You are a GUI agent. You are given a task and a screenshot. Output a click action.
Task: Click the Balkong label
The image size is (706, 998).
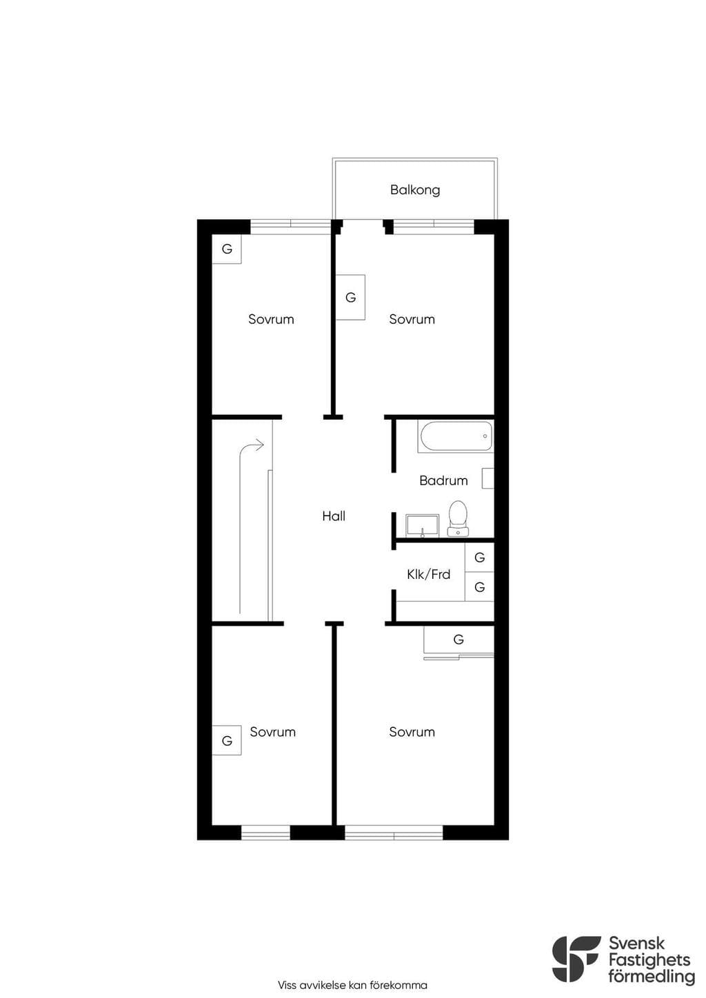pos(415,190)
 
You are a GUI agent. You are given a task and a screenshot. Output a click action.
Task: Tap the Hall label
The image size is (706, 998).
pos(334,516)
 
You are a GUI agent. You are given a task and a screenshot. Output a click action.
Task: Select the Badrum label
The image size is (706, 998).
pos(443,480)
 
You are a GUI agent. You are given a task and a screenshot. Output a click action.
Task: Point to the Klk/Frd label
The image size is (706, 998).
pos(429,574)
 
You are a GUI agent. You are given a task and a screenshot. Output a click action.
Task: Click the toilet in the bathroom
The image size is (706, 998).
pos(458,518)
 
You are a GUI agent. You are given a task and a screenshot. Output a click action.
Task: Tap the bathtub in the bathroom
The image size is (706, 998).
pos(455,436)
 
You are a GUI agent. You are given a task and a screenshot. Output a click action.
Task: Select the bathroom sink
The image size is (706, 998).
pos(422,526)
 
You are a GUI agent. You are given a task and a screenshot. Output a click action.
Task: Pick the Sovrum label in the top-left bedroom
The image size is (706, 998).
pos(271,319)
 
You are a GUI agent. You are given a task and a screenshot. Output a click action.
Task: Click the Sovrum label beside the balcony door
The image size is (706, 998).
pos(412,319)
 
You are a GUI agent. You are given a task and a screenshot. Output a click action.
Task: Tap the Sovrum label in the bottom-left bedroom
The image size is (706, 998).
pos(273,731)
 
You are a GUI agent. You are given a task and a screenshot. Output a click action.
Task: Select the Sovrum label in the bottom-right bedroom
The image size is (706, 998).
pos(412,731)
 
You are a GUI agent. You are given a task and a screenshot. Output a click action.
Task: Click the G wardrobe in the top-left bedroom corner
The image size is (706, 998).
pos(227,249)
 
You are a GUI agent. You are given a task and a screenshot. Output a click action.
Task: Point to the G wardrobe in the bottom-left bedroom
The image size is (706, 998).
pos(227,740)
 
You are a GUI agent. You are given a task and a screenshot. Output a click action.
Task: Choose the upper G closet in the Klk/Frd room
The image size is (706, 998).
pos(480,558)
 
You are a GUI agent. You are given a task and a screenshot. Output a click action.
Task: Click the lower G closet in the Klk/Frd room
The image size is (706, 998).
pos(480,587)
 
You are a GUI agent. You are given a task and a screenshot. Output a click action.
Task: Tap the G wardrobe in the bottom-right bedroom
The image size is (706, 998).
pos(458,640)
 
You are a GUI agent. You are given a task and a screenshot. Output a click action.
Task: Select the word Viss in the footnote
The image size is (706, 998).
pos(287,985)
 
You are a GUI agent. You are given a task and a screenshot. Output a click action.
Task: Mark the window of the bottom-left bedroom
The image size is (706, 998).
pos(266,833)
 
